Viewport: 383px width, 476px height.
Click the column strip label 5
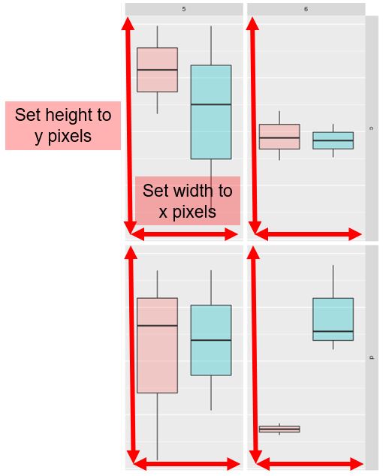pyautogui.click(x=184, y=9)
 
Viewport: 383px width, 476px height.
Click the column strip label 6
pyautogui.click(x=306, y=9)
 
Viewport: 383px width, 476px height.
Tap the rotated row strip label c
pyautogui.click(x=372, y=128)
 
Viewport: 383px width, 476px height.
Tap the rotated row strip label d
pyautogui.click(x=372, y=357)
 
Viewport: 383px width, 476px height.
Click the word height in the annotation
pyautogui.click(x=64, y=116)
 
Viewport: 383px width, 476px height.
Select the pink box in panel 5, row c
pyautogui.click(x=158, y=70)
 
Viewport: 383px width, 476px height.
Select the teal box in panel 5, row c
pyautogui.click(x=211, y=112)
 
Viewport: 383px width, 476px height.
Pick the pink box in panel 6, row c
pyautogui.click(x=279, y=137)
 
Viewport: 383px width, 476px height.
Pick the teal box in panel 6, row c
pyautogui.click(x=333, y=140)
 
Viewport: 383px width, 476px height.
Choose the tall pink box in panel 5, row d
pyautogui.click(x=158, y=345)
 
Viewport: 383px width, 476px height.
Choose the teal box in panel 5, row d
pyautogui.click(x=211, y=340)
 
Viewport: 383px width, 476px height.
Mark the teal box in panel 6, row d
pyautogui.click(x=333, y=319)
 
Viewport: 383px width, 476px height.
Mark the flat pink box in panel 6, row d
pyautogui.click(x=279, y=429)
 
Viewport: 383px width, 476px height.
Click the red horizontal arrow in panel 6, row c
pyautogui.click(x=309, y=234)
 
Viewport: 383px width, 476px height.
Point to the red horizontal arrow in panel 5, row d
pyautogui.click(x=186, y=464)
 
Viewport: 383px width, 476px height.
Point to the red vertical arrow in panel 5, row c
pyautogui.click(x=129, y=125)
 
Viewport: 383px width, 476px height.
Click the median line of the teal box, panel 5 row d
pyautogui.click(x=211, y=340)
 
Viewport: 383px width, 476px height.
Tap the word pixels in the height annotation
pyautogui.click(x=70, y=137)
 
